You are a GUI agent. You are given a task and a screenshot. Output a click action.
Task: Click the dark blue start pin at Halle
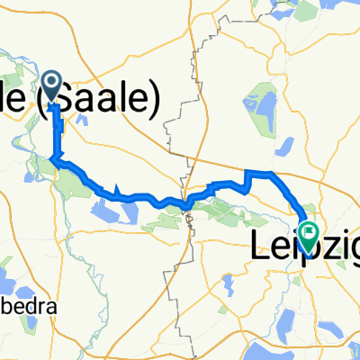(x=51, y=87)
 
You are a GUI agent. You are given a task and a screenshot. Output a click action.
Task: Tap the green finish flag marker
(x=309, y=235)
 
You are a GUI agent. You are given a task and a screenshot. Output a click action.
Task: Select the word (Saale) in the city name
(x=105, y=94)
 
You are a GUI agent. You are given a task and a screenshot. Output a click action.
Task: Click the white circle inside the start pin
(x=51, y=84)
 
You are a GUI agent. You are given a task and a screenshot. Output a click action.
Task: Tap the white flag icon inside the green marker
(x=309, y=233)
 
